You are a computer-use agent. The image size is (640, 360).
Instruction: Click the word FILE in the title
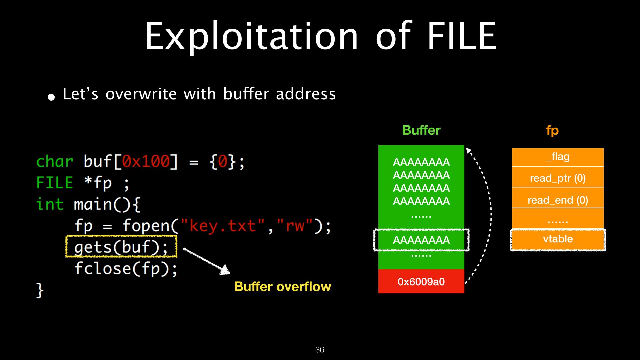tap(462, 36)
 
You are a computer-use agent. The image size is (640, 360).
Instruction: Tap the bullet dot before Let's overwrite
tap(51, 97)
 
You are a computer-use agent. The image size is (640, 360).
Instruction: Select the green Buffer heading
tap(421, 130)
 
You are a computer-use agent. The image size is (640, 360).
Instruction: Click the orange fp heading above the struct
tap(552, 130)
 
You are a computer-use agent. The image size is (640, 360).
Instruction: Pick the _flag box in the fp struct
tap(558, 157)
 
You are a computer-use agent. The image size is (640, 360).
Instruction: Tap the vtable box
tap(558, 239)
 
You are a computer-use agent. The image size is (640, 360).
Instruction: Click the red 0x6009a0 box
tap(421, 281)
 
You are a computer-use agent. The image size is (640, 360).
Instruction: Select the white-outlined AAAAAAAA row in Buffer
tap(421, 240)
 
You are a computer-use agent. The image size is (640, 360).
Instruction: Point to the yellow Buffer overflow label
tap(283, 287)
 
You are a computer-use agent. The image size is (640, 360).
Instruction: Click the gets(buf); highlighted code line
tap(121, 246)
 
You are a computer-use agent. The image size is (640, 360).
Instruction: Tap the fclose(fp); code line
tap(126, 268)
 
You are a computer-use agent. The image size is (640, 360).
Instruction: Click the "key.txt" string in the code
tap(223, 226)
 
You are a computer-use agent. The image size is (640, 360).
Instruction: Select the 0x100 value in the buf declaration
tap(146, 162)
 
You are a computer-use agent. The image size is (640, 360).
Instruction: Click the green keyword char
tap(55, 162)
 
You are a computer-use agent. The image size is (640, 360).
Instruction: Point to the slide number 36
tap(320, 349)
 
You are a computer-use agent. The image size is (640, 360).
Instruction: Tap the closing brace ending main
tap(40, 290)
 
